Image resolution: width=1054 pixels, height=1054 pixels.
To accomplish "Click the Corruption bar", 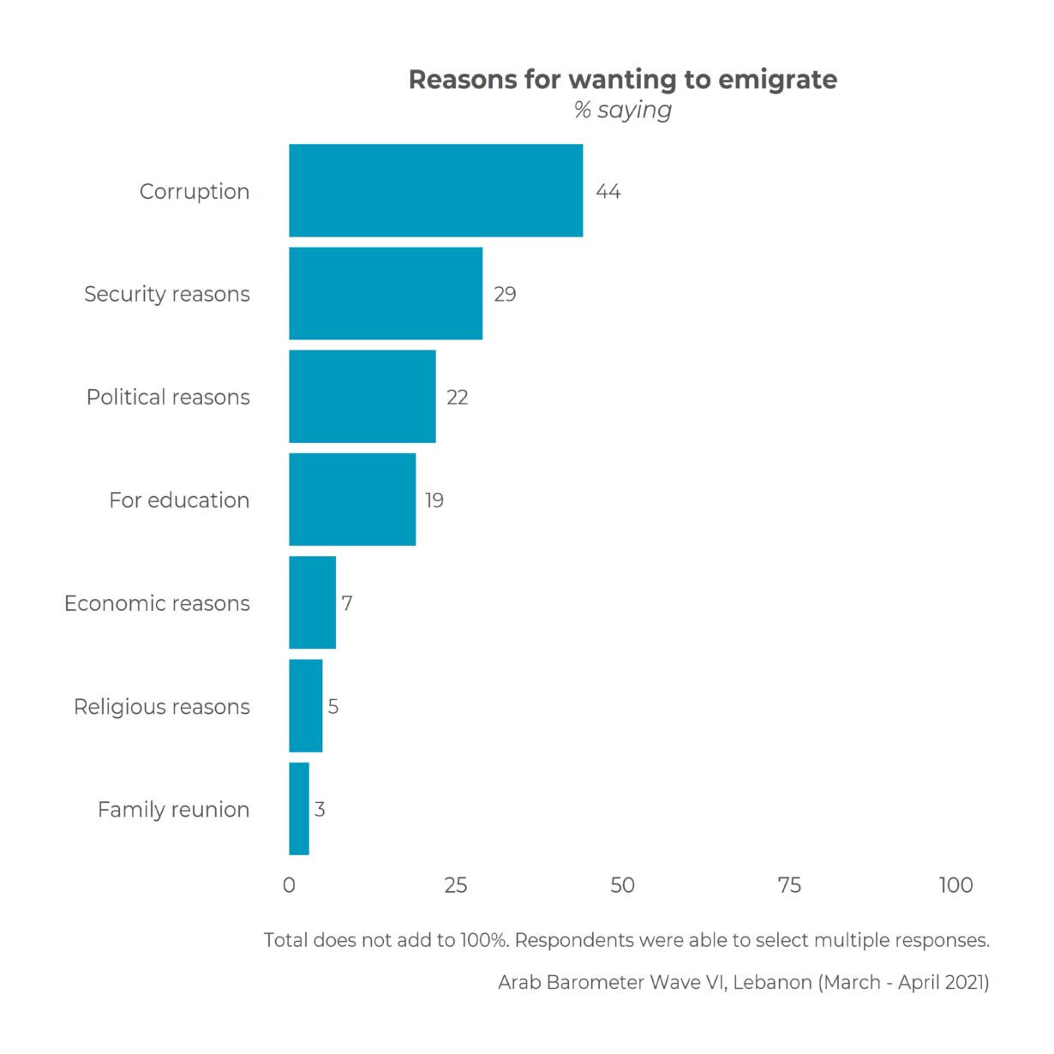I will pos(435,190).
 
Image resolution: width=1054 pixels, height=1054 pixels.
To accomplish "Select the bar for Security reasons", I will pos(386,294).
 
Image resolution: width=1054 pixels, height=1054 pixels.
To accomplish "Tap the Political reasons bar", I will pos(362,397).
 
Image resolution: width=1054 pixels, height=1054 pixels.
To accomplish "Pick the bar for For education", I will pos(352,500).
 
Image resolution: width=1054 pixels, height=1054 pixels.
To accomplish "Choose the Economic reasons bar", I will pos(312,602).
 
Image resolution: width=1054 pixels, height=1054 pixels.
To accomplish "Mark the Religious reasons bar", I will pos(305,705).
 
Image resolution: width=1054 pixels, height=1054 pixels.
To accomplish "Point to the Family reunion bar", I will pos(299,809).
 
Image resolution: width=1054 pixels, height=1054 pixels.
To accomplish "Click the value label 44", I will pos(608,191).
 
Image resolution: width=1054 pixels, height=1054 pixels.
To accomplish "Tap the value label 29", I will pos(505,294).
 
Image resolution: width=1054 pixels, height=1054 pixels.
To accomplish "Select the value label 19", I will pos(434,500).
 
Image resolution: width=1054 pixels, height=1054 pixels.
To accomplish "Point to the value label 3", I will pos(320,809).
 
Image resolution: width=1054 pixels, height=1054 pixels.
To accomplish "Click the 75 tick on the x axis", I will pos(789,885).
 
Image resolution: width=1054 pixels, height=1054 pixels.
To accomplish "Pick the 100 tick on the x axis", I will pos(955,885).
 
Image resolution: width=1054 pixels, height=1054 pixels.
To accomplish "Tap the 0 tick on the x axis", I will pos(289,885).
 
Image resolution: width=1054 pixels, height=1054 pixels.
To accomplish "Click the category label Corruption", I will pos(195,191).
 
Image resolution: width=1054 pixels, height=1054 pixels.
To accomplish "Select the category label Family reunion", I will pos(173,809).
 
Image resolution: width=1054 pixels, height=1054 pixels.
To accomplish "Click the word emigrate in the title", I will pos(777,80).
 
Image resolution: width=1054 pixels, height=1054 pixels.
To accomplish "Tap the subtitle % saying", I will pos(623,110).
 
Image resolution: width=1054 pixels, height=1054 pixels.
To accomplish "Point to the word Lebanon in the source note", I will pos(772,982).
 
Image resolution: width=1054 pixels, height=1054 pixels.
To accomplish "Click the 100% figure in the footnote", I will pos(484,940).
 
